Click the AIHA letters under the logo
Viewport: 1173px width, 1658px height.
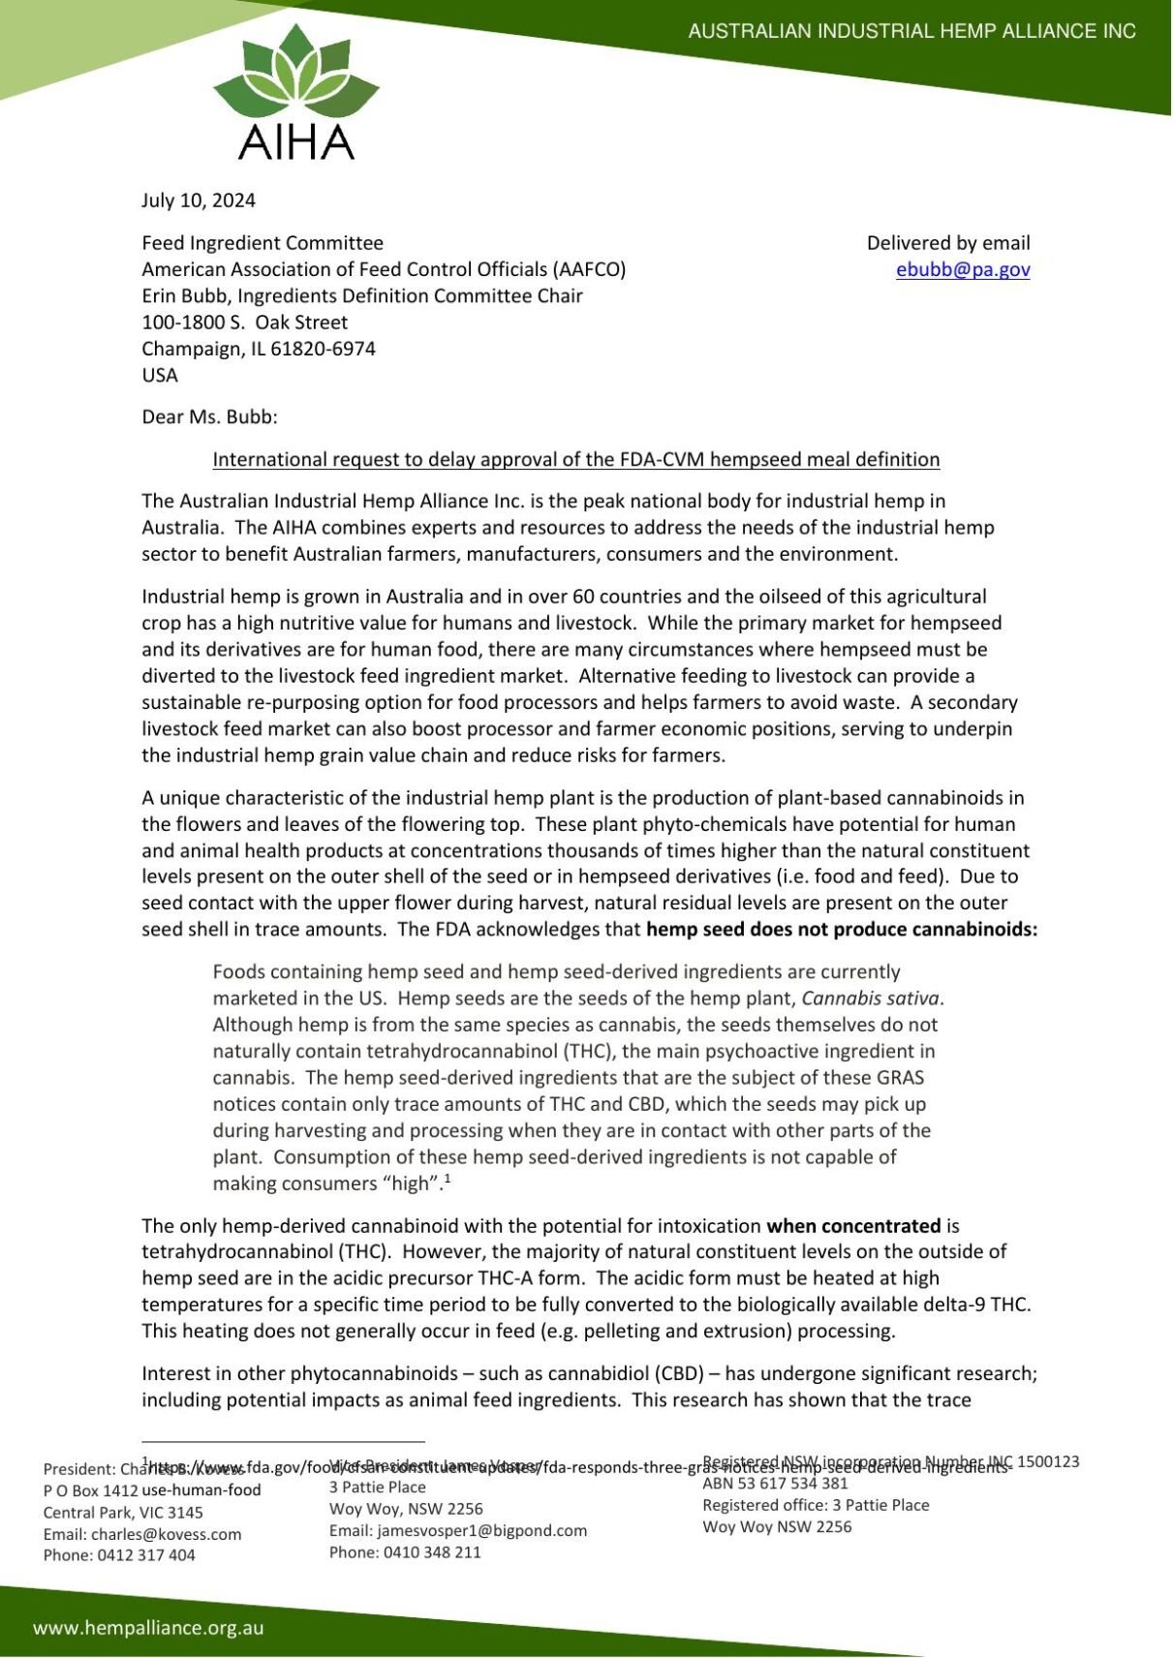tap(295, 143)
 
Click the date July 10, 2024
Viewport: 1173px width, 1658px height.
tap(199, 200)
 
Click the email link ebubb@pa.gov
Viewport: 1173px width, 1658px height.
tap(962, 270)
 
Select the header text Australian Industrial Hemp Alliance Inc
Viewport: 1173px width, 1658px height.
tap(911, 31)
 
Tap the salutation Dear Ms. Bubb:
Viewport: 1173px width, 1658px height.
tap(209, 417)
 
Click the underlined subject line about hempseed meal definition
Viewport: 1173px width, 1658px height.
tap(575, 460)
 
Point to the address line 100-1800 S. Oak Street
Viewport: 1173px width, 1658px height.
tap(244, 322)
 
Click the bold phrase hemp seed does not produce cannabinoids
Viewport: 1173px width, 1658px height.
tap(841, 930)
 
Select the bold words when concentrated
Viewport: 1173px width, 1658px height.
tap(853, 1226)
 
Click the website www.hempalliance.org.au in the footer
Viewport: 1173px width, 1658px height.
tap(148, 1628)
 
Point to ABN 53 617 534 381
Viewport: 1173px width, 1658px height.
tap(775, 1484)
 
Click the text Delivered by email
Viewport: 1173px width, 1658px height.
tap(947, 243)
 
